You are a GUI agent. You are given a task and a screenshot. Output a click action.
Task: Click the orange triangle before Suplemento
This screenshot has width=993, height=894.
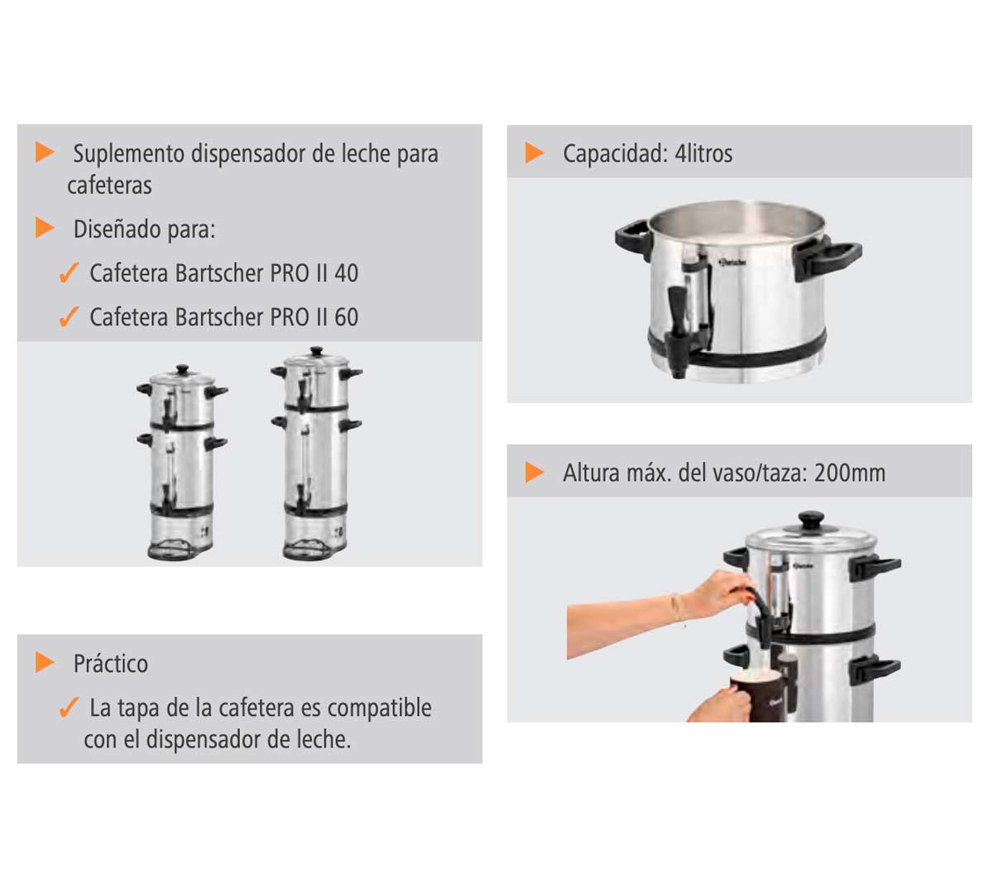click(x=45, y=152)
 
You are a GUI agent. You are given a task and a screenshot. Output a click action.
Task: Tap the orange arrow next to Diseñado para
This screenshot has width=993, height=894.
click(x=45, y=228)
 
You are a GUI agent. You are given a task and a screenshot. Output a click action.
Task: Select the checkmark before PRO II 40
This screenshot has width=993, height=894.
click(x=69, y=272)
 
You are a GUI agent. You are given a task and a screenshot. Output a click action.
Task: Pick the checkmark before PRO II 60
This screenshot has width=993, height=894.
click(x=69, y=316)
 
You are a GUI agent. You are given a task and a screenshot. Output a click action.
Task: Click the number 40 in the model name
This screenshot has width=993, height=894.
click(x=346, y=273)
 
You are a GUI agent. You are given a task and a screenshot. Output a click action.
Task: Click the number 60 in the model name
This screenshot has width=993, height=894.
click(x=346, y=317)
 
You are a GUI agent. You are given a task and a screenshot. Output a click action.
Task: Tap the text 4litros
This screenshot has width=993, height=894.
click(x=703, y=153)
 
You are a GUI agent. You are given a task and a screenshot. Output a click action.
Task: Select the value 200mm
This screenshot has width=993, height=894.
click(x=850, y=473)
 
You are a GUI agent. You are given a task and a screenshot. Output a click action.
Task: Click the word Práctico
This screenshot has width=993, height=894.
click(x=110, y=663)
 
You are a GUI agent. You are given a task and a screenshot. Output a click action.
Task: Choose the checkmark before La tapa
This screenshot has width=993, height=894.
click(x=69, y=707)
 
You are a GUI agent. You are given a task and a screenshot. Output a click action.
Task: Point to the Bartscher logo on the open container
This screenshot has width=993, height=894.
click(x=732, y=262)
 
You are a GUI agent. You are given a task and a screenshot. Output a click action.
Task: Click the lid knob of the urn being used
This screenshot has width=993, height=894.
click(x=811, y=521)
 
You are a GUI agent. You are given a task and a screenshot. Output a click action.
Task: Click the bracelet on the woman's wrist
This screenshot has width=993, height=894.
click(x=677, y=610)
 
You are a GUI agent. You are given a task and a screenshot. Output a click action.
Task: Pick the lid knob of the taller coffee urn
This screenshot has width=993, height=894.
click(x=316, y=351)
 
